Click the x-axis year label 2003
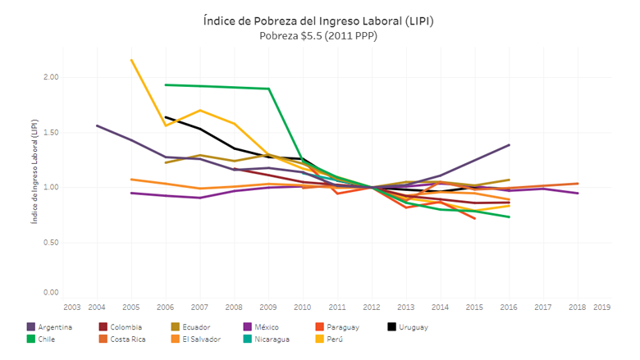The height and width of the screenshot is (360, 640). coord(72,307)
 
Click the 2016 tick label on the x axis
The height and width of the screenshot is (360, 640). coord(509,307)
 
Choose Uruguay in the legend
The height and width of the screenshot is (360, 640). coord(413,327)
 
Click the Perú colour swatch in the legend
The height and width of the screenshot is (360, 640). coord(320,339)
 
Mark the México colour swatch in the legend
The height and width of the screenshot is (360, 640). coord(247,327)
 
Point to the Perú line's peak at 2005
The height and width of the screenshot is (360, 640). coord(131,59)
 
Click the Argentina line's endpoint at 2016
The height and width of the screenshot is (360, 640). coord(510,145)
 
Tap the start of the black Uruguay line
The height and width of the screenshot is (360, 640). coord(166,116)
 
